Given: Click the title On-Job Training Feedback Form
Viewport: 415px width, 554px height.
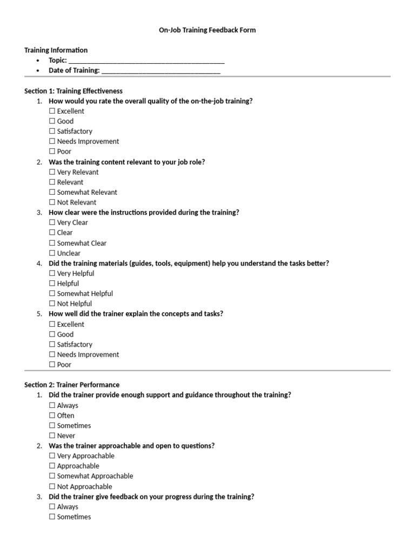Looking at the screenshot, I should [207, 30].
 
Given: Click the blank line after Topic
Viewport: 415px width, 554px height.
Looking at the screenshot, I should [146, 61].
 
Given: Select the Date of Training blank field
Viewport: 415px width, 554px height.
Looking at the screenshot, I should [160, 71].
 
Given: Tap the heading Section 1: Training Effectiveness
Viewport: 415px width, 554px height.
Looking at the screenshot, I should [73, 91].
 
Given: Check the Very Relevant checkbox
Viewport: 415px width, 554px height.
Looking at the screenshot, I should [52, 172].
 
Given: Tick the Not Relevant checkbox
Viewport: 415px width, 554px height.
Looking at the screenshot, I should [52, 202].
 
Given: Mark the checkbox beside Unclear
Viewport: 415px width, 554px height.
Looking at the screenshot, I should [52, 253].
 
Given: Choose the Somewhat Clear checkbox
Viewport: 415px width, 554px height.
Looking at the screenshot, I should [52, 243].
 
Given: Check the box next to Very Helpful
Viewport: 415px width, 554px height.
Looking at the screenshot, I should [52, 273].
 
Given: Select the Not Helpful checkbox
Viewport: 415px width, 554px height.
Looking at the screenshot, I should [52, 304].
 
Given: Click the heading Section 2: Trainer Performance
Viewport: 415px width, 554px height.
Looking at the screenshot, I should [72, 385].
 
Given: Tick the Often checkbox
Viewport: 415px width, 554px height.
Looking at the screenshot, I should [52, 415].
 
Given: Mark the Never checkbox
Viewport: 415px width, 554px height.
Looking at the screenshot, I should [52, 436].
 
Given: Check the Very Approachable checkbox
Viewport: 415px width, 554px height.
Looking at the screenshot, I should [52, 456].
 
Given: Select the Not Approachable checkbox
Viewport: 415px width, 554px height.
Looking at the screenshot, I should [52, 486].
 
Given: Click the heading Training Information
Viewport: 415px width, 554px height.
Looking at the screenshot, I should [56, 50].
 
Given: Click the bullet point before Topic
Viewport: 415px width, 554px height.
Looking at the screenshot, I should [37, 61].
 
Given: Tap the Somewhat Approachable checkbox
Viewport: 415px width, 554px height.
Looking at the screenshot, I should [52, 476].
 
